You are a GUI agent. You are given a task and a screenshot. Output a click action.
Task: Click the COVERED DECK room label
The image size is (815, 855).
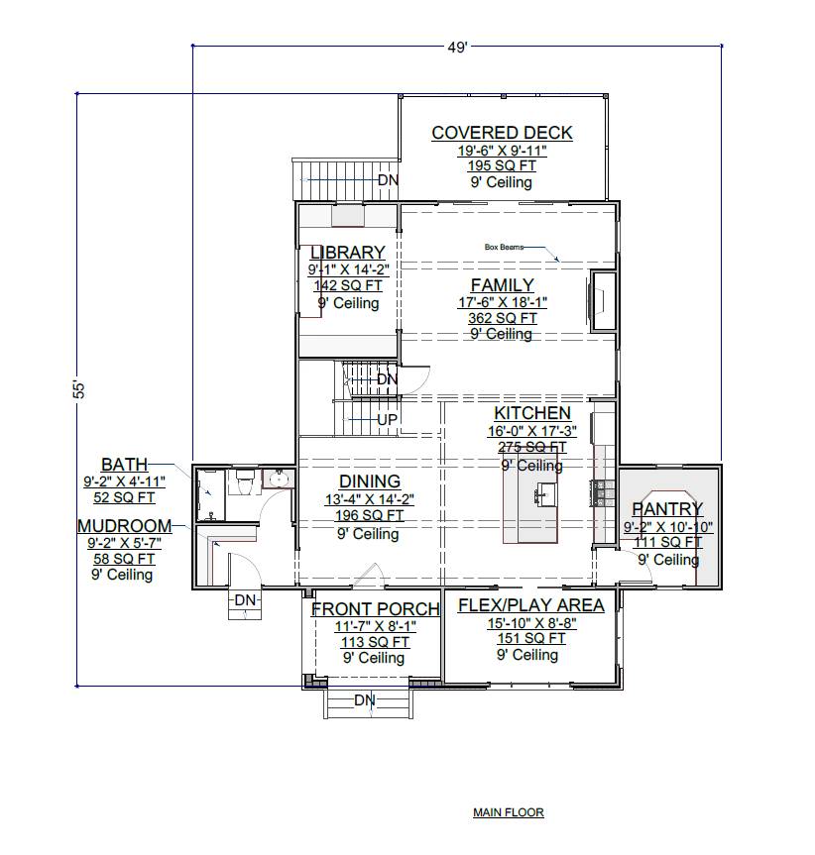pyautogui.click(x=502, y=133)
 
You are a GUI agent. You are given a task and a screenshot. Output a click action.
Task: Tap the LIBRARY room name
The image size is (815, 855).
pyautogui.click(x=347, y=253)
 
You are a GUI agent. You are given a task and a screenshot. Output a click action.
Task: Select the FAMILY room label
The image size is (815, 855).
pyautogui.click(x=502, y=285)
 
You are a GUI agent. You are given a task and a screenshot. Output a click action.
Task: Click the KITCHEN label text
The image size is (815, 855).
pyautogui.click(x=532, y=413)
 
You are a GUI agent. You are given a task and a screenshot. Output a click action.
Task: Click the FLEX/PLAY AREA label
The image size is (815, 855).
pyautogui.click(x=530, y=605)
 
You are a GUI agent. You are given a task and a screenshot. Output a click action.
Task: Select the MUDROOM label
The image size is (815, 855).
pyautogui.click(x=124, y=526)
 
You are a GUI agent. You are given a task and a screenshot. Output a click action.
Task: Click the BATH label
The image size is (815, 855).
pyautogui.click(x=124, y=464)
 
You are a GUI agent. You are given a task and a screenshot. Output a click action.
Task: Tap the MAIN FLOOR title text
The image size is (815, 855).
pyautogui.click(x=508, y=812)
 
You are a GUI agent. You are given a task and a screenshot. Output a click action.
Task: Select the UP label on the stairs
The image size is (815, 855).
pyautogui.click(x=387, y=420)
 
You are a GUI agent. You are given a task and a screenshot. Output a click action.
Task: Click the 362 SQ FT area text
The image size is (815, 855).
pyautogui.click(x=502, y=318)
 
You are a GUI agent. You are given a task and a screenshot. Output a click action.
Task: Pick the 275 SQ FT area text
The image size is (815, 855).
pyautogui.click(x=532, y=447)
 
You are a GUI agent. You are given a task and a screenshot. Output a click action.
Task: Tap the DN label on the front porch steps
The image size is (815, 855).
pyautogui.click(x=365, y=700)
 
